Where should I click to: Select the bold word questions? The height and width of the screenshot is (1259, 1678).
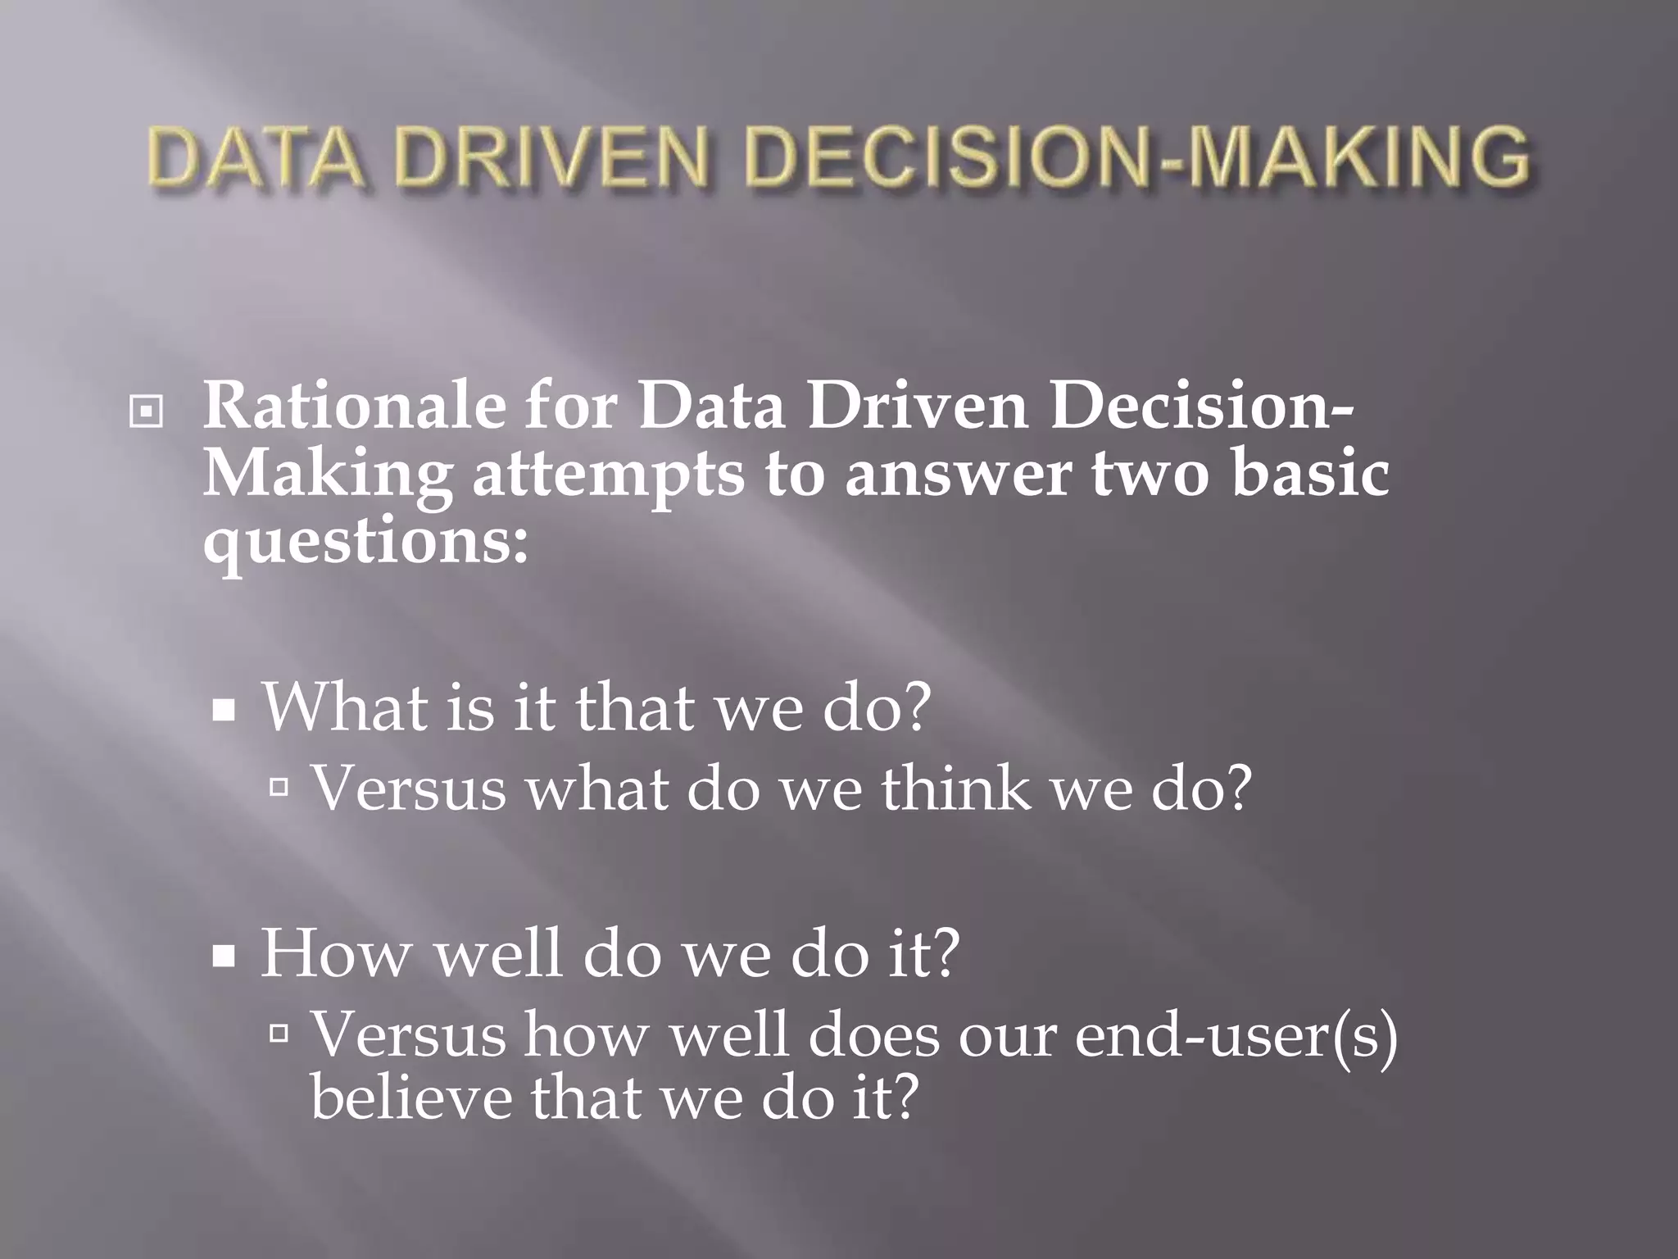click(x=365, y=542)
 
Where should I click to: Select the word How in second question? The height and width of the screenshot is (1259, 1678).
click(x=335, y=954)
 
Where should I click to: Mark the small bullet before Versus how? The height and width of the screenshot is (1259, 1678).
click(x=279, y=1034)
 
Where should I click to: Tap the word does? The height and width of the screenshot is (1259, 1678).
click(x=873, y=1035)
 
